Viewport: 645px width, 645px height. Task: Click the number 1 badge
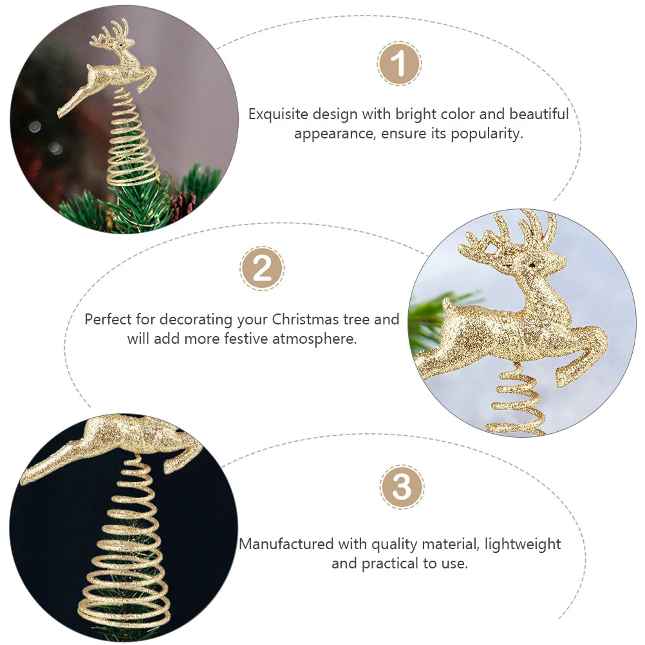pyautogui.click(x=399, y=64)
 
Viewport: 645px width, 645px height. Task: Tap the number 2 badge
pyautogui.click(x=262, y=268)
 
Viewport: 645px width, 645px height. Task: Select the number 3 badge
pyautogui.click(x=401, y=487)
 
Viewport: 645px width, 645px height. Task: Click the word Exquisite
pyautogui.click(x=278, y=115)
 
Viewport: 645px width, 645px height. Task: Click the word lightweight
pyautogui.click(x=523, y=545)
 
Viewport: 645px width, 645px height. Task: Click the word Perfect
pyautogui.click(x=107, y=319)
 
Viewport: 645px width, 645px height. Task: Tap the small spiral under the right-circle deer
pyautogui.click(x=518, y=402)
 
